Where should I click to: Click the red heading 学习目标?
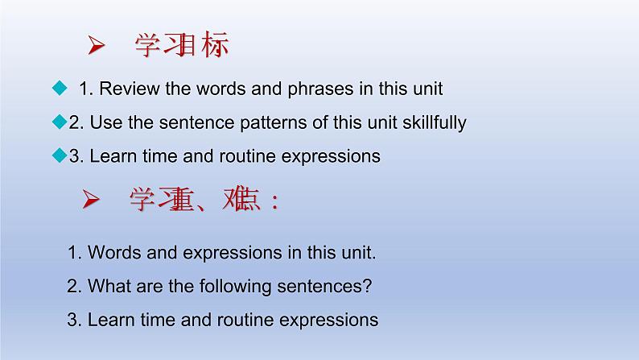pos(182,47)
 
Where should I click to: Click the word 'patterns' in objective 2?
pos(238,123)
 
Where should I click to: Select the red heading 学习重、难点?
pos(204,201)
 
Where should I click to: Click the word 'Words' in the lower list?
pos(111,252)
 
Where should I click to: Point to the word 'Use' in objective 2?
pos(103,123)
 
